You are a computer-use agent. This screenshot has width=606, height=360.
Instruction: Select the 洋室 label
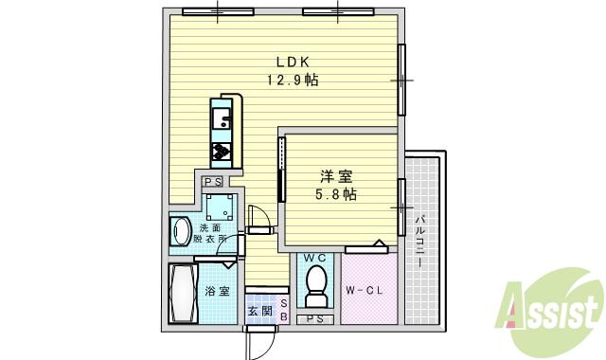point(336,176)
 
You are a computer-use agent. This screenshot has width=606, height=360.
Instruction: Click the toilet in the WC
point(315,283)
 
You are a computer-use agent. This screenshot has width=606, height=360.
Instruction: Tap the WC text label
point(314,258)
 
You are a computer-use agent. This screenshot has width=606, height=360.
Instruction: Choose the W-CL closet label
point(363,290)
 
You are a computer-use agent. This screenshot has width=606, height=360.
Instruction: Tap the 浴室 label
point(218,291)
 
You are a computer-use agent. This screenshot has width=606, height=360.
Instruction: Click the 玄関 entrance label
point(259,311)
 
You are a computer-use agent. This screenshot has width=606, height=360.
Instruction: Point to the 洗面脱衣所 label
point(210,233)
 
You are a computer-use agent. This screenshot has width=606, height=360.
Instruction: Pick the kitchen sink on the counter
point(221,119)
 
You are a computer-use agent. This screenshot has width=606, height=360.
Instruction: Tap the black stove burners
point(221,152)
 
